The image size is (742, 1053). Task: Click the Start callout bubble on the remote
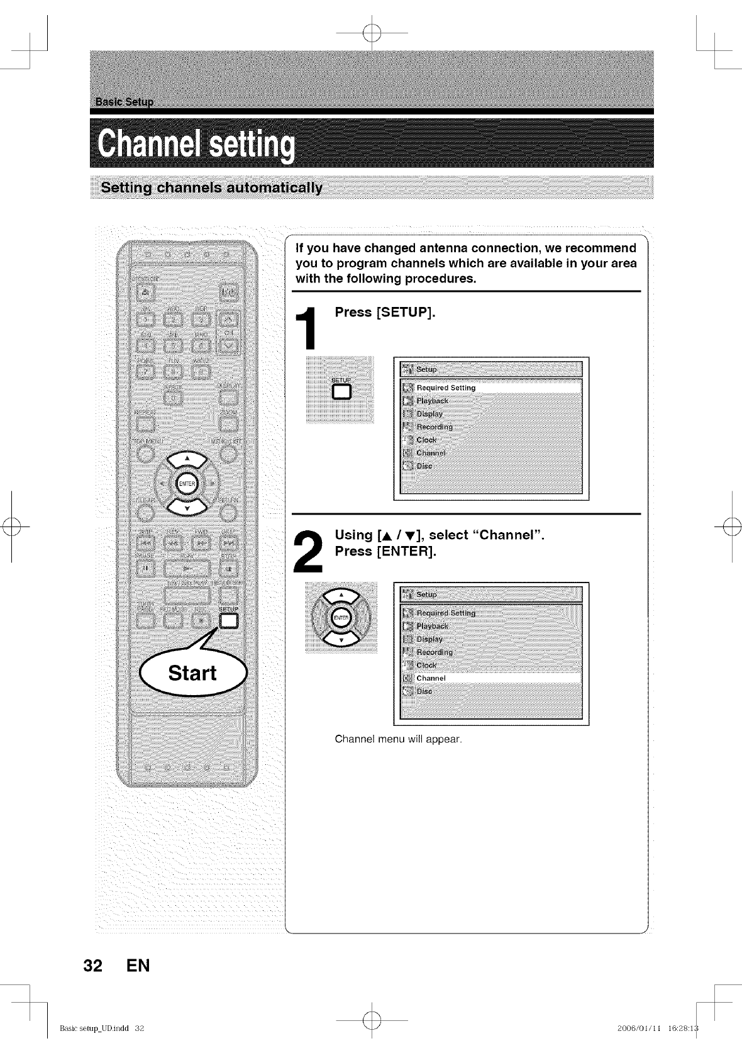(x=193, y=673)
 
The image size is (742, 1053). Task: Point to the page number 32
(x=92, y=966)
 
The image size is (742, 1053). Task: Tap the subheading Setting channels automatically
(x=212, y=187)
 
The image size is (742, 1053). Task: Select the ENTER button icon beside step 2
(x=340, y=618)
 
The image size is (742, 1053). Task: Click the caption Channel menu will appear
(x=398, y=739)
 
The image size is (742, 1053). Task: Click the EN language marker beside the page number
(x=138, y=966)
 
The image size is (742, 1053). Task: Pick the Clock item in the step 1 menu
(x=426, y=440)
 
